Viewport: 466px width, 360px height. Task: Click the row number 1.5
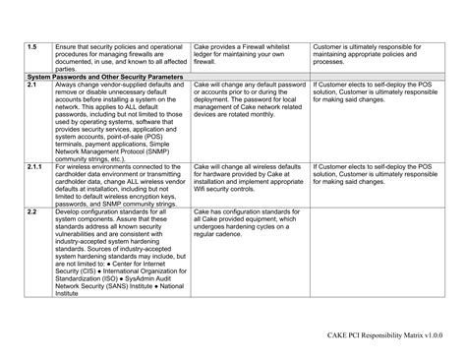32,45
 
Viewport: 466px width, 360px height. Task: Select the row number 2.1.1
35,167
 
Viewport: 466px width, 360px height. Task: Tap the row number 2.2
32,211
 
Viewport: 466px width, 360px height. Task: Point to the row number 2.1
32,85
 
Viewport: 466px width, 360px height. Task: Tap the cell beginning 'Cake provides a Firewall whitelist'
249,53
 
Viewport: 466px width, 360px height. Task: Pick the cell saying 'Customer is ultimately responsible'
374,53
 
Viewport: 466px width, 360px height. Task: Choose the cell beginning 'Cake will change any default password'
249,100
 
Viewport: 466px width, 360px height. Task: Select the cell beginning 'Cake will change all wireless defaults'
249,179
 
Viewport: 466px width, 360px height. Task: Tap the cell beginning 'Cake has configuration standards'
249,222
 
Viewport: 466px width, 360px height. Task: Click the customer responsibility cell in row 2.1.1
374,173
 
